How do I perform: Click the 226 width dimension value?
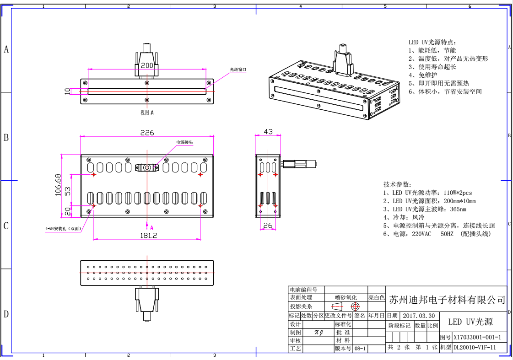tap(147, 133)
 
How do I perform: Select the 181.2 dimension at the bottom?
tap(147, 235)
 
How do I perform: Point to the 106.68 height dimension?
tap(58, 184)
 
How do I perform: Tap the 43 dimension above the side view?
tap(268, 132)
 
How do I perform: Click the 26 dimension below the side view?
tap(268, 225)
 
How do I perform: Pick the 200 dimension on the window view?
tap(147, 65)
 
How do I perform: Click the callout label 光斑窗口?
tap(238, 70)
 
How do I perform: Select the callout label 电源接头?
tap(184, 142)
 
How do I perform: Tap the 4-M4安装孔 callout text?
tap(63, 228)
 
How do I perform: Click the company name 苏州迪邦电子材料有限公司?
tap(447, 300)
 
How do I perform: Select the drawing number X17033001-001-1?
tap(477, 338)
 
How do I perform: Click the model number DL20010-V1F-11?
tap(475, 348)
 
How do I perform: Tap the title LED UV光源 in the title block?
tap(470, 322)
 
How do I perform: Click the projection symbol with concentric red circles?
tap(356, 306)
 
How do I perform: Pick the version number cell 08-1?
tap(360, 349)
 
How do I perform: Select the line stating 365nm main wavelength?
tap(425, 209)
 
